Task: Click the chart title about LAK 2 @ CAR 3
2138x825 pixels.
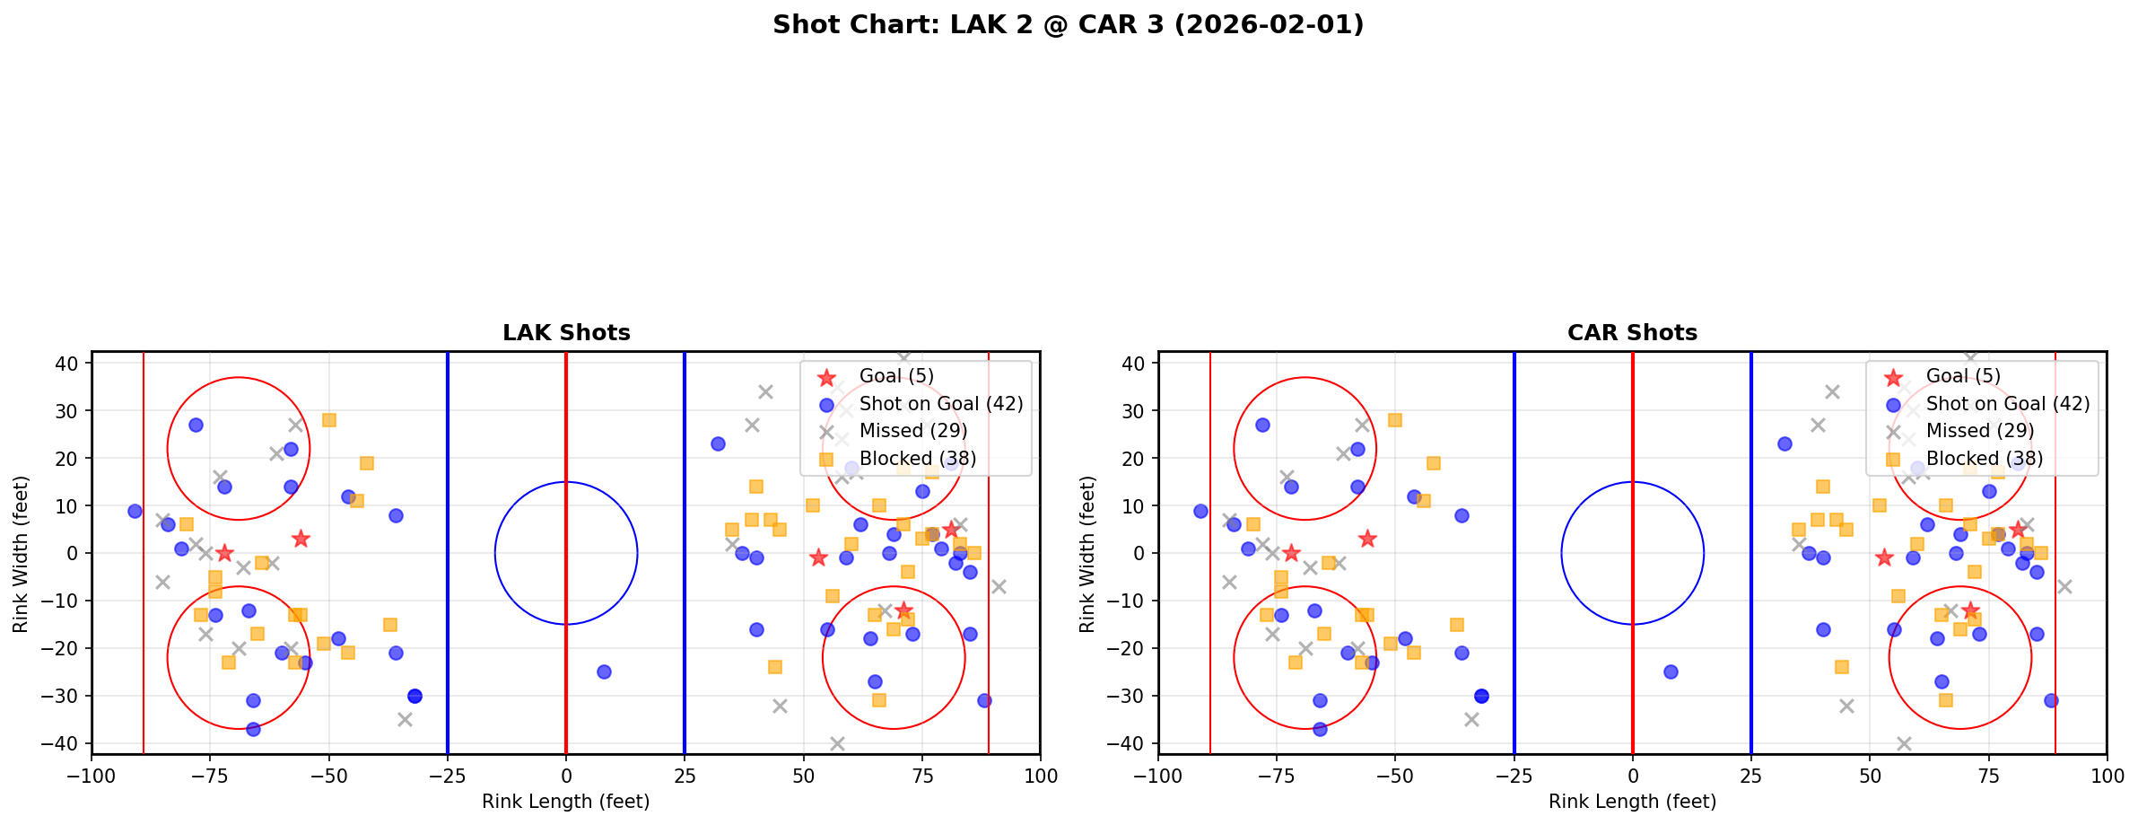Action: click(x=1068, y=25)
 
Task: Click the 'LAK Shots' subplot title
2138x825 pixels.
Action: click(x=566, y=333)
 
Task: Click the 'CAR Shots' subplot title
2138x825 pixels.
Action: click(x=1632, y=333)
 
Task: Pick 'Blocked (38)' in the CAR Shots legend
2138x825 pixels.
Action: click(x=1984, y=459)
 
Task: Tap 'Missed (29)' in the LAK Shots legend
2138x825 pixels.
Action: click(x=912, y=431)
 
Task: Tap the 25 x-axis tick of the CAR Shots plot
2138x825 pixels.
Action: click(x=1750, y=776)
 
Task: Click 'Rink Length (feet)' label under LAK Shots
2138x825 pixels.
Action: click(x=566, y=802)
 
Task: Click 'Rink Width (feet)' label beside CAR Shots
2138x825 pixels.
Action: click(x=1086, y=554)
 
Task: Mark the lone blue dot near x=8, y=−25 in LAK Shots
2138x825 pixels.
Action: click(x=604, y=671)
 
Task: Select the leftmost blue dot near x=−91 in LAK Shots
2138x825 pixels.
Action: click(x=135, y=511)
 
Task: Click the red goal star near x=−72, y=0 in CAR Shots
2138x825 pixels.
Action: click(x=1291, y=553)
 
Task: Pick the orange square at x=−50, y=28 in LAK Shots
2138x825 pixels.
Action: click(x=329, y=420)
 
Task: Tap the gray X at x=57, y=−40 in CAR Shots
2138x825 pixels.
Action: click(x=1903, y=743)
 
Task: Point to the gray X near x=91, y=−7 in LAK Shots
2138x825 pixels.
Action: click(x=999, y=586)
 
